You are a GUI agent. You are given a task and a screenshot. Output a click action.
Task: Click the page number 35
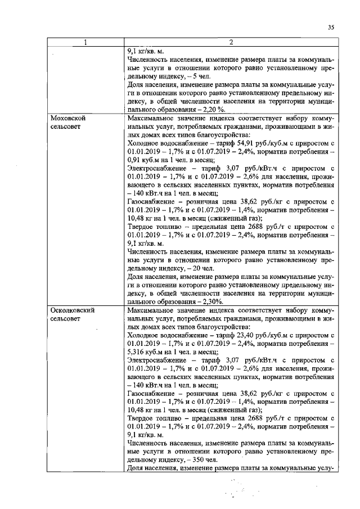pos(331,26)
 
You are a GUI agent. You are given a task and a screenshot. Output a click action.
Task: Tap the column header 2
pos(231,43)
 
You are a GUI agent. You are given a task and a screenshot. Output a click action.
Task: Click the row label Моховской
pos(67,120)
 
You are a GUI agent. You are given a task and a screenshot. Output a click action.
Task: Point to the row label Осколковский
pos(72,310)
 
